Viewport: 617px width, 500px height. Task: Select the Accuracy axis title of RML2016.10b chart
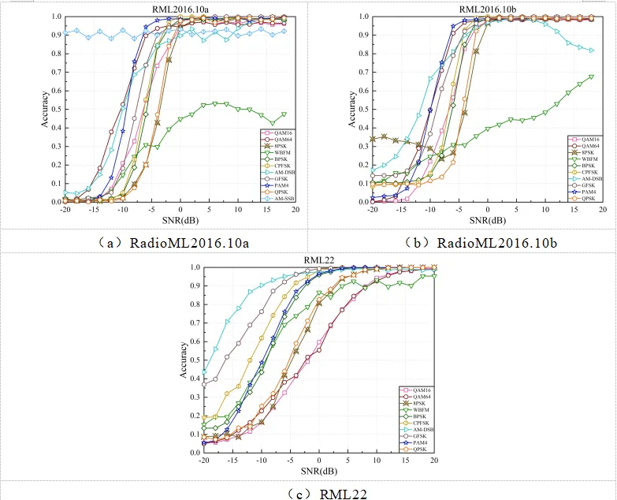(x=351, y=109)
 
